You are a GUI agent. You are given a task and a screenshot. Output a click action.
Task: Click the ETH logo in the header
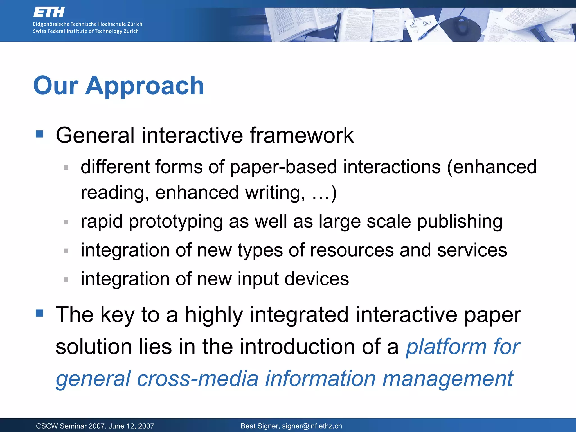49,12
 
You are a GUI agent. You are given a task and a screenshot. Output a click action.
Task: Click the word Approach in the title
145,86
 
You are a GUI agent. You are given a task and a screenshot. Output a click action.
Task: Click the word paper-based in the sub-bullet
283,167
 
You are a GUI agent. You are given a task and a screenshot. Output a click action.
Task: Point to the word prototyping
175,221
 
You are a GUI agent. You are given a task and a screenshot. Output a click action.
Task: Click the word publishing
460,221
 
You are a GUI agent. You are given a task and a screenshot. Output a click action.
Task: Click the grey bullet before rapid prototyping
66,222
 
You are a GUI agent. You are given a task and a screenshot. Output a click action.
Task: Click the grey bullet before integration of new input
66,280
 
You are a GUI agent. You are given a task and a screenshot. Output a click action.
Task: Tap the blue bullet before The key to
39,313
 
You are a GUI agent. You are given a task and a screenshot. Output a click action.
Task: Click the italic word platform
446,346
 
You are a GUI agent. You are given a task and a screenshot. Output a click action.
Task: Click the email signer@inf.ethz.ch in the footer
312,426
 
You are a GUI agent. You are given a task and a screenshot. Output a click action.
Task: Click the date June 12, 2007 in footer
131,426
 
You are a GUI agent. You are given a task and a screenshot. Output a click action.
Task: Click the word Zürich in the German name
135,24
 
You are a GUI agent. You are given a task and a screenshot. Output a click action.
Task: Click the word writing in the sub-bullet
275,193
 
